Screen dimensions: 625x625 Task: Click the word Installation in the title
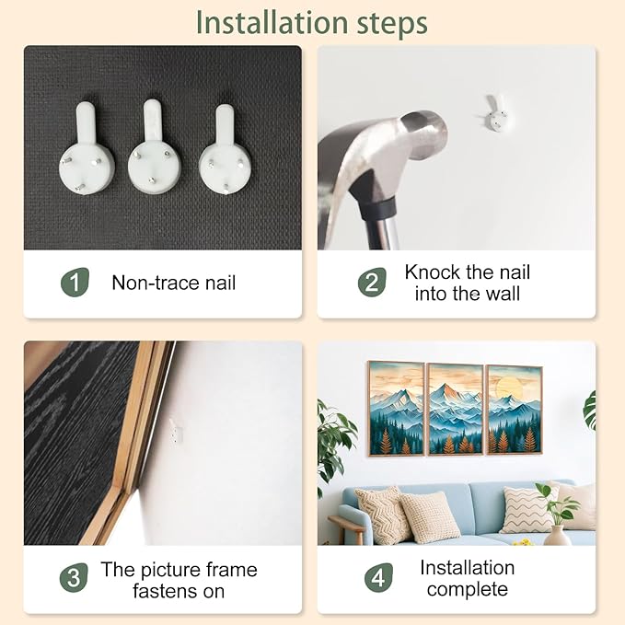click(272, 23)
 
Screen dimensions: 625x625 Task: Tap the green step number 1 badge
click(75, 283)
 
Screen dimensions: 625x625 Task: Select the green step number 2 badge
click(372, 283)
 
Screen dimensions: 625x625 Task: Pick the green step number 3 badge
click(74, 577)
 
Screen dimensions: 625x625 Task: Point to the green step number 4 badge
click(378, 577)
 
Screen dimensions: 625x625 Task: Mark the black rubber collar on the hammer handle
click(377, 207)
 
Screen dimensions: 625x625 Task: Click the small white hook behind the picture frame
click(176, 431)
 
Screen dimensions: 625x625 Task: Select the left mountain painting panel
click(396, 408)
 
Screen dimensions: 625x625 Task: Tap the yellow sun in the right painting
click(509, 388)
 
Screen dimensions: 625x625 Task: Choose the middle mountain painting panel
click(456, 410)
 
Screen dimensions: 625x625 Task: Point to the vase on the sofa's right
click(557, 535)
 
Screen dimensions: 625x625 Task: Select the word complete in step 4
click(468, 589)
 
